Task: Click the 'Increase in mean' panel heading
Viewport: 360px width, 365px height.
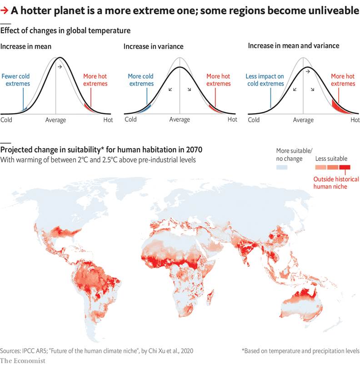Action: (x=26, y=46)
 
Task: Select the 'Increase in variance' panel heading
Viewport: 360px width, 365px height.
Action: (x=154, y=46)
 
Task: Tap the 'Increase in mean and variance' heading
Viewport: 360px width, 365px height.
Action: (x=293, y=46)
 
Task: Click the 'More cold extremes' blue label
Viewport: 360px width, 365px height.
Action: (x=140, y=80)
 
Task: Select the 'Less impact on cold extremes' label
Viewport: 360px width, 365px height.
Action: (x=265, y=80)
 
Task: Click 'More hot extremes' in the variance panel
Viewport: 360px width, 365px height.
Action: (x=219, y=80)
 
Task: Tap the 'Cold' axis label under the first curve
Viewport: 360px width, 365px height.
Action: (x=6, y=120)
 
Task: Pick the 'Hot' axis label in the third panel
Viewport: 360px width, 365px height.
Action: (x=355, y=120)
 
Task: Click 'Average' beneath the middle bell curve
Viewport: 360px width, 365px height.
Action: (x=180, y=120)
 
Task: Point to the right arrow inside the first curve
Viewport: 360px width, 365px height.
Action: (x=60, y=67)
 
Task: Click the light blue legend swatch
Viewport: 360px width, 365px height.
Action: (x=282, y=168)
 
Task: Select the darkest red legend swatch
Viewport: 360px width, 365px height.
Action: (x=345, y=168)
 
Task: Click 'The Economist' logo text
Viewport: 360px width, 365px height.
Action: (x=23, y=360)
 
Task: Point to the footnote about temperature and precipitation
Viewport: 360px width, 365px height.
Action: (x=300, y=351)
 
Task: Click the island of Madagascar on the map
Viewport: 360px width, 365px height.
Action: (x=210, y=299)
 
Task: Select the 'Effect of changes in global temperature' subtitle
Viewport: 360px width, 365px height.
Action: (x=65, y=31)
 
